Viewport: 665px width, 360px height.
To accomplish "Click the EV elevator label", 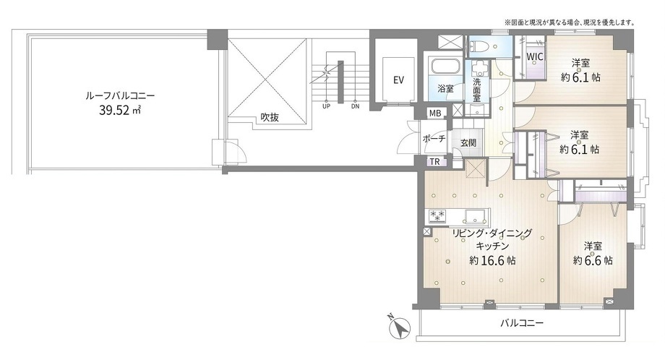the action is click(398, 80).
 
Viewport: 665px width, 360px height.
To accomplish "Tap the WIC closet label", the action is click(534, 56).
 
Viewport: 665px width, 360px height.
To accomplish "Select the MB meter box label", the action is click(435, 113).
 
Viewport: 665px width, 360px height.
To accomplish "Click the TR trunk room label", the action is click(434, 161).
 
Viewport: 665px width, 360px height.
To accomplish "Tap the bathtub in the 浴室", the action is click(445, 68).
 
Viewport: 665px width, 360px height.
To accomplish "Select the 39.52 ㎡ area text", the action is click(120, 111).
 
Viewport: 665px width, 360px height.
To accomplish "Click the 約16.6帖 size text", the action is click(492, 260).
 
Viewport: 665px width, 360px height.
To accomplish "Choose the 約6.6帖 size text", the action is click(593, 260).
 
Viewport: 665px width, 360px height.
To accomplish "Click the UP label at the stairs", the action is click(326, 106).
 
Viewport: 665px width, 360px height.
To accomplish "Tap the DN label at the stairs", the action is click(356, 106).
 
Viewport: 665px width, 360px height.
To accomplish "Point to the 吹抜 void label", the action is click(270, 117).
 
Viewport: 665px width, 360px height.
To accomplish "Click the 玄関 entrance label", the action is click(468, 143).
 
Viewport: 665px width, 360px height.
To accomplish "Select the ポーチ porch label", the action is click(434, 138).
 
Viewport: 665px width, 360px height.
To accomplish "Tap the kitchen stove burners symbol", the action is click(437, 215).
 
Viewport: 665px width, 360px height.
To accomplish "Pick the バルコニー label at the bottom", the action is click(522, 323).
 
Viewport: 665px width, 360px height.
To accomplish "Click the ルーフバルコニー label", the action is click(121, 95).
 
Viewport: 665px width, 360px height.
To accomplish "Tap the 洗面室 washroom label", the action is click(477, 90).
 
